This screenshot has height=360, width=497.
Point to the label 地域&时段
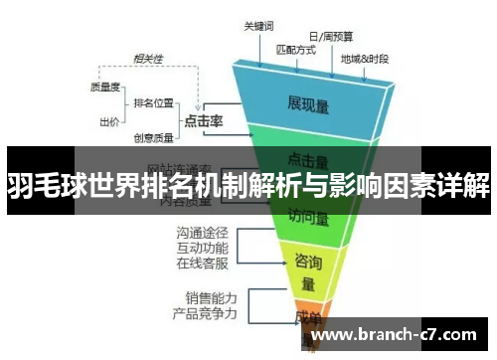(x=364, y=59)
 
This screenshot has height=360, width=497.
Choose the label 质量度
(x=104, y=87)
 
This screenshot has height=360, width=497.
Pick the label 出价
(x=110, y=121)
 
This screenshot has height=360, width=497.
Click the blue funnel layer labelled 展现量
(x=307, y=101)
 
